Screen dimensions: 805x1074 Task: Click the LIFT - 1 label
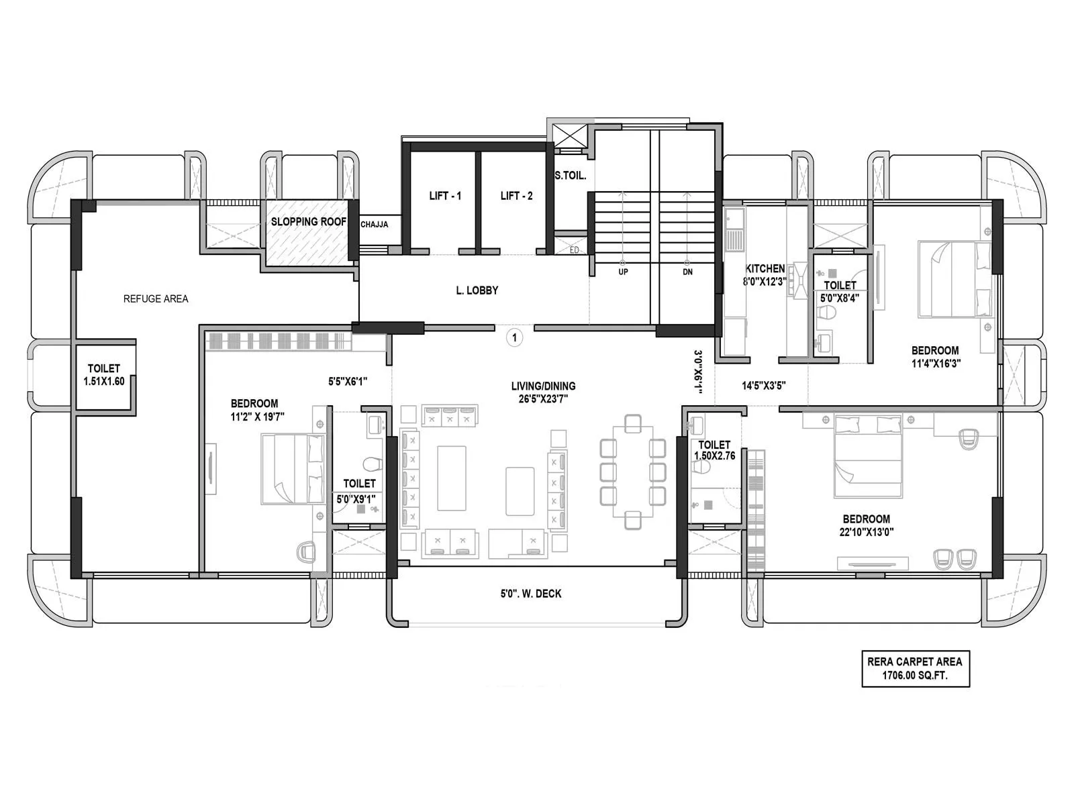click(445, 196)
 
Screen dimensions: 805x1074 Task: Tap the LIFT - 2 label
click(516, 196)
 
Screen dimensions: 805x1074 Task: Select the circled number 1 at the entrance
click(515, 337)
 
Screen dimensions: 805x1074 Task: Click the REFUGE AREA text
click(156, 299)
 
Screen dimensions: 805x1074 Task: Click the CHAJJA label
click(374, 225)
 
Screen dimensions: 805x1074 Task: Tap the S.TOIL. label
click(571, 176)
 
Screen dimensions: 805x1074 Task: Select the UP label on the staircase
click(623, 272)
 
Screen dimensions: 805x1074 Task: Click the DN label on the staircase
click(687, 272)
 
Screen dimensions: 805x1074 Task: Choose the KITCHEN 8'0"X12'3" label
click(765, 275)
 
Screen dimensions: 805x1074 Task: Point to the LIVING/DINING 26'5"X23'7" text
click(543, 392)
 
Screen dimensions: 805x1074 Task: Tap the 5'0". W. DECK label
click(531, 594)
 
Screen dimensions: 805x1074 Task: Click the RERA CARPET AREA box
click(915, 669)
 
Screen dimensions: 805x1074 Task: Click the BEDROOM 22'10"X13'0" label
click(866, 525)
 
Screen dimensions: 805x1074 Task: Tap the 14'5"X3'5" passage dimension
click(764, 386)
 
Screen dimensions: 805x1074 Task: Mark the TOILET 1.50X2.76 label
click(714, 450)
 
